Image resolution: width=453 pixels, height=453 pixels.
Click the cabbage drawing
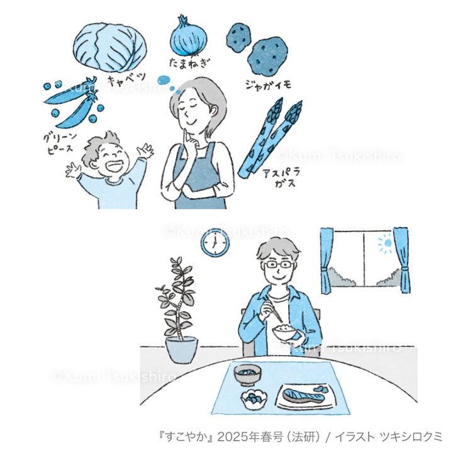coord(109,48)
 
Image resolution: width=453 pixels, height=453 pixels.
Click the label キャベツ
coord(127,79)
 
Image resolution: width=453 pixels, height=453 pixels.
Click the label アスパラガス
coord(281,177)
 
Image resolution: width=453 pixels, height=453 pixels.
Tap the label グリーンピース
coord(60,143)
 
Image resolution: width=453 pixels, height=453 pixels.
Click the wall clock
coord(215,243)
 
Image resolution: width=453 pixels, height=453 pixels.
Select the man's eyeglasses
coord(279,264)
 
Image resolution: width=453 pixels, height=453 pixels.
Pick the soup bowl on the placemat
coord(247,375)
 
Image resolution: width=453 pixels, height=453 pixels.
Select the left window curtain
coord(327,260)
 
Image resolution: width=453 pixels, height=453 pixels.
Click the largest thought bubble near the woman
coord(164,79)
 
